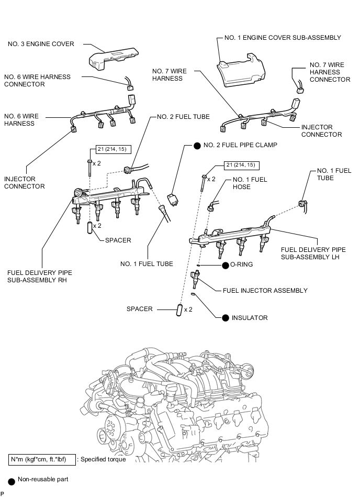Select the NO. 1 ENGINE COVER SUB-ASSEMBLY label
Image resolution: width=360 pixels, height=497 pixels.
(282, 38)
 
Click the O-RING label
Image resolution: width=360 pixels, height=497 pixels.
(241, 264)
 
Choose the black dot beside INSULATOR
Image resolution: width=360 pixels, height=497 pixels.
(226, 317)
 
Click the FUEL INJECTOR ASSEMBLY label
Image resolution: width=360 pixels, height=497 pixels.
(265, 290)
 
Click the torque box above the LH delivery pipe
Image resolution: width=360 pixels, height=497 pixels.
(241, 165)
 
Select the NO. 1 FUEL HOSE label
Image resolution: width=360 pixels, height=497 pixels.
(250, 183)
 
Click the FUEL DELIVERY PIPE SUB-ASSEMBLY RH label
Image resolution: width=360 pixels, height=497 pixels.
(40, 277)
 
